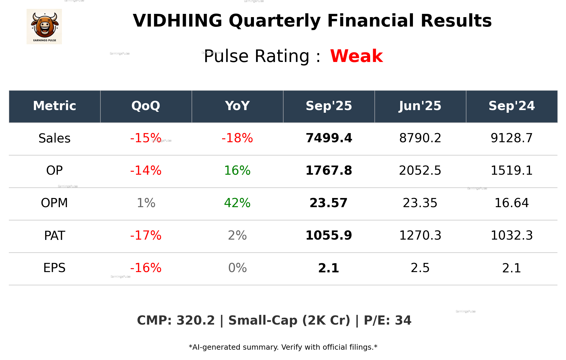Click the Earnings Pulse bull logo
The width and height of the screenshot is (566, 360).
pos(44,26)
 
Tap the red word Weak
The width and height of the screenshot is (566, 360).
pos(356,56)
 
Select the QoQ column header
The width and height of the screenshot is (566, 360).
pos(146,106)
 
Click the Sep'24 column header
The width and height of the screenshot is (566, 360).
pos(511,106)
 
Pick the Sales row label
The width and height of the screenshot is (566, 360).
pos(55,138)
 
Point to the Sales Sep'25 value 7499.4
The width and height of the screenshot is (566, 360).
pos(329,138)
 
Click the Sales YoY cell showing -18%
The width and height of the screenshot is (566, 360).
pos(237,138)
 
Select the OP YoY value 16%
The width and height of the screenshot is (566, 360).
pos(237,171)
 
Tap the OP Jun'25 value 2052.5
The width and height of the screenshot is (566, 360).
pos(420,171)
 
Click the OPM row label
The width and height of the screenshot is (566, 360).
pos(55,203)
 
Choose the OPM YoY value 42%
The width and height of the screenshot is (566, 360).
pos(237,203)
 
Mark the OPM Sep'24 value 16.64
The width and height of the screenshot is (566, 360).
pos(511,203)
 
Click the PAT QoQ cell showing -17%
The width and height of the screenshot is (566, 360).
pos(146,235)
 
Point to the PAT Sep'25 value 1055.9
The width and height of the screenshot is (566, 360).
pos(329,235)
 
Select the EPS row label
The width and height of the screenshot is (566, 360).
pos(55,268)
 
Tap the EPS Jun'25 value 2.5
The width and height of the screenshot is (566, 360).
pos(420,268)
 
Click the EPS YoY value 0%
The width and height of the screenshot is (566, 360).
pos(237,268)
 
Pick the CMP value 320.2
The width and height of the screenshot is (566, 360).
pos(196,321)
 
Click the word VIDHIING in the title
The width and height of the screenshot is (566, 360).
pos(177,21)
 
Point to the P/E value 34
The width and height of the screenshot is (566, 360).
pos(403,321)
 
